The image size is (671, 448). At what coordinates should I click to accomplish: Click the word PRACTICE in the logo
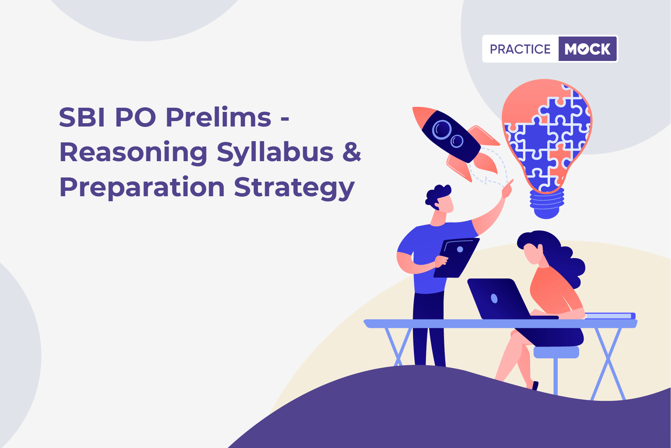click(520, 49)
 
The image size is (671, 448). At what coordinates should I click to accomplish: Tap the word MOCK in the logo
click(587, 49)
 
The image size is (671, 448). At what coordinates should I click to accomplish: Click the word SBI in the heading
click(82, 117)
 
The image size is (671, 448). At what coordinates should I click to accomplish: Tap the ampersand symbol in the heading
click(352, 152)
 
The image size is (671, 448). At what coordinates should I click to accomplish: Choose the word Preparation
click(142, 188)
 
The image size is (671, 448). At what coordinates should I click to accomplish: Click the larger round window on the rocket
click(442, 130)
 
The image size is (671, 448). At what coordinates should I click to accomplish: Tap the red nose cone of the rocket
click(423, 115)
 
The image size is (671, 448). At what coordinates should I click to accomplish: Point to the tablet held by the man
click(456, 258)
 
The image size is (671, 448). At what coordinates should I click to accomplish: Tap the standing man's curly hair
click(437, 196)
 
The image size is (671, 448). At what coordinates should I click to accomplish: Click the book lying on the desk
click(610, 316)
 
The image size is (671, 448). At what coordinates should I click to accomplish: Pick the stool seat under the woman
click(556, 352)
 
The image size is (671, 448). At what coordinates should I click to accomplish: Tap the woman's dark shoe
click(535, 385)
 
